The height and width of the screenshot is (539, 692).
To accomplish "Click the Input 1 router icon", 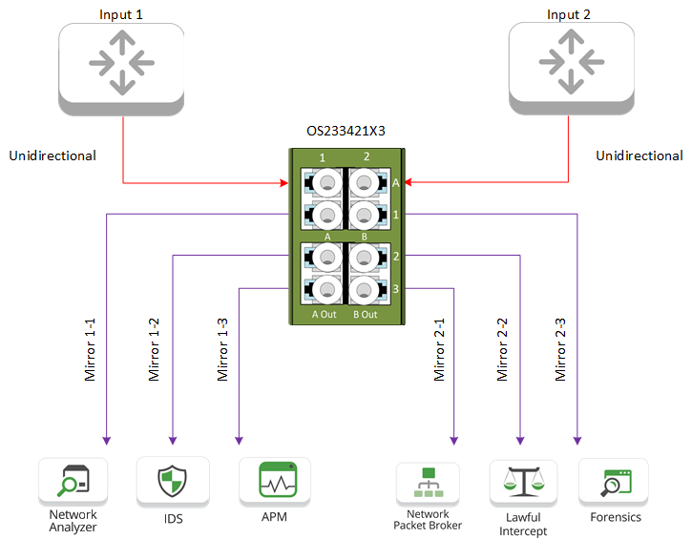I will click(x=120, y=63).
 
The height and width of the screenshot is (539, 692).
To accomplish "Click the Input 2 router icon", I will click(x=570, y=63).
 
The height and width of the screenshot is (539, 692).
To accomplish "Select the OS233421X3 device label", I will click(x=346, y=131).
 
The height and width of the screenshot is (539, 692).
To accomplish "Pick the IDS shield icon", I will click(x=173, y=480).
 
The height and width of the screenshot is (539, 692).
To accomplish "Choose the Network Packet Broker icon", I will click(x=427, y=484).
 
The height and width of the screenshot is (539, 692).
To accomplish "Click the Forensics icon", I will click(x=613, y=483).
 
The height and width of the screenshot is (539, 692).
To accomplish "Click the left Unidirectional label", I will click(x=52, y=155).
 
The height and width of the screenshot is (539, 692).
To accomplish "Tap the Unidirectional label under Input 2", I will click(x=640, y=155).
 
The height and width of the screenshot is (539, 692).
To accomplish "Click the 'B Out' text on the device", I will click(x=366, y=314).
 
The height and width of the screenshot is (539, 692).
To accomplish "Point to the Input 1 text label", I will click(x=121, y=15).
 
